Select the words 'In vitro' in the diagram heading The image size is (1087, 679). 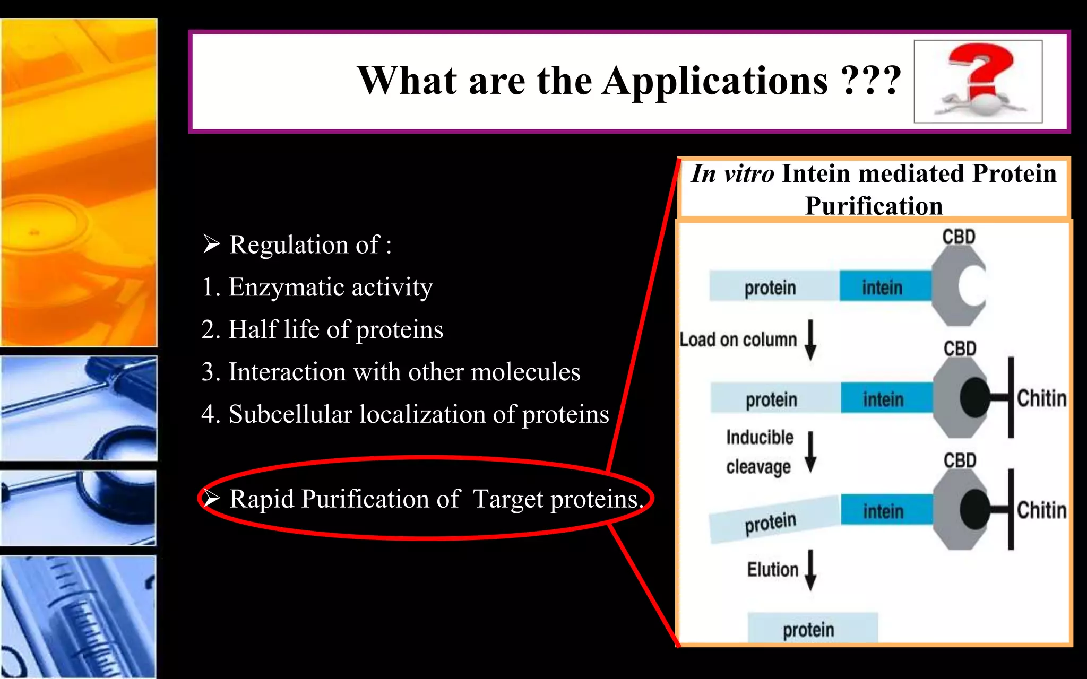[x=732, y=174]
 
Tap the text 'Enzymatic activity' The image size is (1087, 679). [x=330, y=287]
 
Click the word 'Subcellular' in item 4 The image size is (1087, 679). [x=290, y=414]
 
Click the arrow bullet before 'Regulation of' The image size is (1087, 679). [x=211, y=244]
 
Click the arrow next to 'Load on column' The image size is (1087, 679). [x=810, y=339]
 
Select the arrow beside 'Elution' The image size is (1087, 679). [x=810, y=570]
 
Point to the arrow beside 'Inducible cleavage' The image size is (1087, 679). [x=810, y=452]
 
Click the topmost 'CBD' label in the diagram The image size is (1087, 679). [x=959, y=237]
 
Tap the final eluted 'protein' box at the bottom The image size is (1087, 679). [x=812, y=629]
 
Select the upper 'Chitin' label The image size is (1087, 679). [x=1041, y=398]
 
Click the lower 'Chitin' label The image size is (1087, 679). [x=1041, y=510]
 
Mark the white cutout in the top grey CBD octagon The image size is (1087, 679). [x=972, y=285]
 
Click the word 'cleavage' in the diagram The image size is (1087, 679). [x=758, y=467]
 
